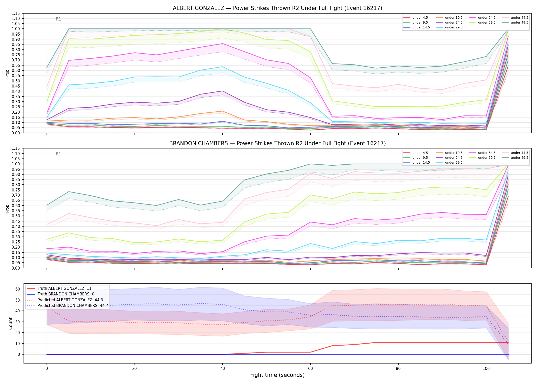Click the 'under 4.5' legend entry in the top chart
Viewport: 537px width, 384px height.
[x=416, y=18]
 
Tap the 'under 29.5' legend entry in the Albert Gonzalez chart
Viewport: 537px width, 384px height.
[x=449, y=27]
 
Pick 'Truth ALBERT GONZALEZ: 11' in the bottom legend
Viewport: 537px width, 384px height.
[x=59, y=289]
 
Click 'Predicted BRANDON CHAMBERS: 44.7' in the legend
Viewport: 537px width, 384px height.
[x=67, y=306]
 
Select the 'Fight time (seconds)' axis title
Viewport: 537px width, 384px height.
[x=277, y=375]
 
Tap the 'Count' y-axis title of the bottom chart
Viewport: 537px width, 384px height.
[x=10, y=324]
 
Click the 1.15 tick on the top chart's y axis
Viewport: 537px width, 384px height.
[x=16, y=13]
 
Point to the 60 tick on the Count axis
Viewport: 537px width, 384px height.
[x=18, y=289]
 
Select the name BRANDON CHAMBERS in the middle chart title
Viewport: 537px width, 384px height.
[x=198, y=143]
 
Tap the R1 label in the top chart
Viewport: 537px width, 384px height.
[x=58, y=19]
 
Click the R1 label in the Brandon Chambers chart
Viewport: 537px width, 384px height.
[x=58, y=154]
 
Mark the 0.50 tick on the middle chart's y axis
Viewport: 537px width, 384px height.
[x=16, y=216]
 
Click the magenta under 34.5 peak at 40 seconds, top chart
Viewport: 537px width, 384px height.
[x=222, y=44]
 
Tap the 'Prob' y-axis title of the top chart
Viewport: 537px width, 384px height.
[x=7, y=73]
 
